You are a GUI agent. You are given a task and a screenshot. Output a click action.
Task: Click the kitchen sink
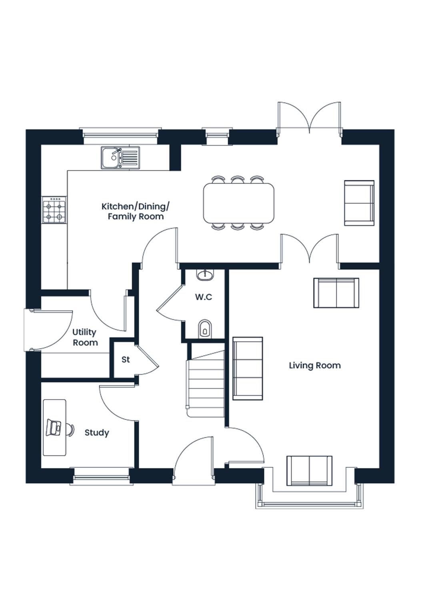[x=120, y=158]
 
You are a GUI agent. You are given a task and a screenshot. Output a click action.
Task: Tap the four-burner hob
[x=54, y=210]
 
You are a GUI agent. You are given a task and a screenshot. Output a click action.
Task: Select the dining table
[x=239, y=203]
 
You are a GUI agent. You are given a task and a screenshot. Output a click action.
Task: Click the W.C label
[x=204, y=297]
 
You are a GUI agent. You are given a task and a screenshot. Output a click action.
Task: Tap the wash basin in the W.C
[x=205, y=275]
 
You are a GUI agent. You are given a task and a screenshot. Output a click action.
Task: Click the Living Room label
[x=315, y=366]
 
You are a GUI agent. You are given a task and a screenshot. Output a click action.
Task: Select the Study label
[x=97, y=433]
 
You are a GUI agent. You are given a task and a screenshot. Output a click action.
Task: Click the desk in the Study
[x=54, y=427]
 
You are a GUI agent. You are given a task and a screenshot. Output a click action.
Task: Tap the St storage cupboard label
[x=126, y=360]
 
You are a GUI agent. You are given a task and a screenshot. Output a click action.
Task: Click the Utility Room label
[x=85, y=338]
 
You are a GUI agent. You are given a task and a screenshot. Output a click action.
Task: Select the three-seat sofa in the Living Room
[x=248, y=368]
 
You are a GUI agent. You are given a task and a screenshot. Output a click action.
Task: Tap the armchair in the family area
[x=359, y=203]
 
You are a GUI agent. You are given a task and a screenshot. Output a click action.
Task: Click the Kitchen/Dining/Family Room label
[x=136, y=211]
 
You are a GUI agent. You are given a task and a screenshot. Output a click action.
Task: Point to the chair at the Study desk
[x=70, y=429]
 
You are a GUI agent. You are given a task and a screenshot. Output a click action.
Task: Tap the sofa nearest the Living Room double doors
[x=336, y=293]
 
